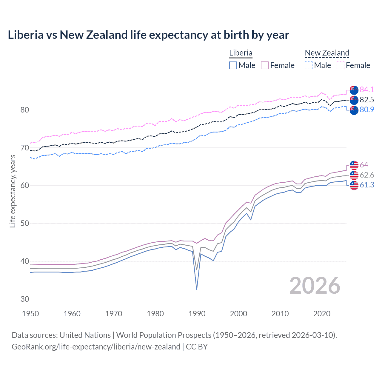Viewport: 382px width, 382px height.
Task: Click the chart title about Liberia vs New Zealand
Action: [x=148, y=35]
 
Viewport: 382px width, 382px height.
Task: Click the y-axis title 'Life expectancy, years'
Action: [x=13, y=191]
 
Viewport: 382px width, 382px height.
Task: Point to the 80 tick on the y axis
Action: [x=25, y=110]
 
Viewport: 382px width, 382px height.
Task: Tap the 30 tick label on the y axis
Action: [x=25, y=299]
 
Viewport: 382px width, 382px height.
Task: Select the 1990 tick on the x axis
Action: [x=197, y=314]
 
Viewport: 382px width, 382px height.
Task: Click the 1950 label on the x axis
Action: [x=30, y=314]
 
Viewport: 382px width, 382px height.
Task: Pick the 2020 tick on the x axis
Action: [x=322, y=314]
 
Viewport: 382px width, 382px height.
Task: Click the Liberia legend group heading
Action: [x=241, y=53]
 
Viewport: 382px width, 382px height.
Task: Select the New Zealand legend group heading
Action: [x=327, y=53]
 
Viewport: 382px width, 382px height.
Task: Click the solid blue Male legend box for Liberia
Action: [x=233, y=65]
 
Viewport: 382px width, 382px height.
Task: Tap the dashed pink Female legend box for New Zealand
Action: [x=341, y=65]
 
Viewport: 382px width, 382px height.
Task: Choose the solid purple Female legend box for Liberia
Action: [x=265, y=65]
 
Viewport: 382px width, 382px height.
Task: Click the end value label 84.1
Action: [x=367, y=90]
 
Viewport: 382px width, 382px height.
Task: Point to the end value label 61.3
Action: [x=367, y=185]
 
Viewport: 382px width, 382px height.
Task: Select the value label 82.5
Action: [x=367, y=100]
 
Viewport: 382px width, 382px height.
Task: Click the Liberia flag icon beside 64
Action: [x=354, y=165]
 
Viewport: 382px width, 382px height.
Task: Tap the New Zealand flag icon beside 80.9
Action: [x=354, y=110]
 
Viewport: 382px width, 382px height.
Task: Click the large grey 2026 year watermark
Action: [x=315, y=286]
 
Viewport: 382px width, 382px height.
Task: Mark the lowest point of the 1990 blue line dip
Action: [x=197, y=289]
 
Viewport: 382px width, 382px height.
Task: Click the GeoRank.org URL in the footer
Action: [x=96, y=347]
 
